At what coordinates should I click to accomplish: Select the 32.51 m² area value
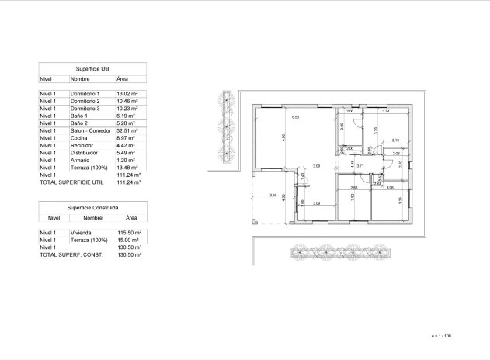[127, 131]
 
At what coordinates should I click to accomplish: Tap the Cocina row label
[80, 138]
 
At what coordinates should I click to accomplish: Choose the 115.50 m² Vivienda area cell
[128, 233]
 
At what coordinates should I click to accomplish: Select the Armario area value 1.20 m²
[127, 161]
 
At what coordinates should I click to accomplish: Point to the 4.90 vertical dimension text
[283, 138]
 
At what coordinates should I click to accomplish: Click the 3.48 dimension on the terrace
[273, 196]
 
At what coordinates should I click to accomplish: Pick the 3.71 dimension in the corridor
[360, 166]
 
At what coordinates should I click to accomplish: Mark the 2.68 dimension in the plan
[353, 188]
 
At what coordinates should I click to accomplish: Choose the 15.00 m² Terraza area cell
[127, 241]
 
